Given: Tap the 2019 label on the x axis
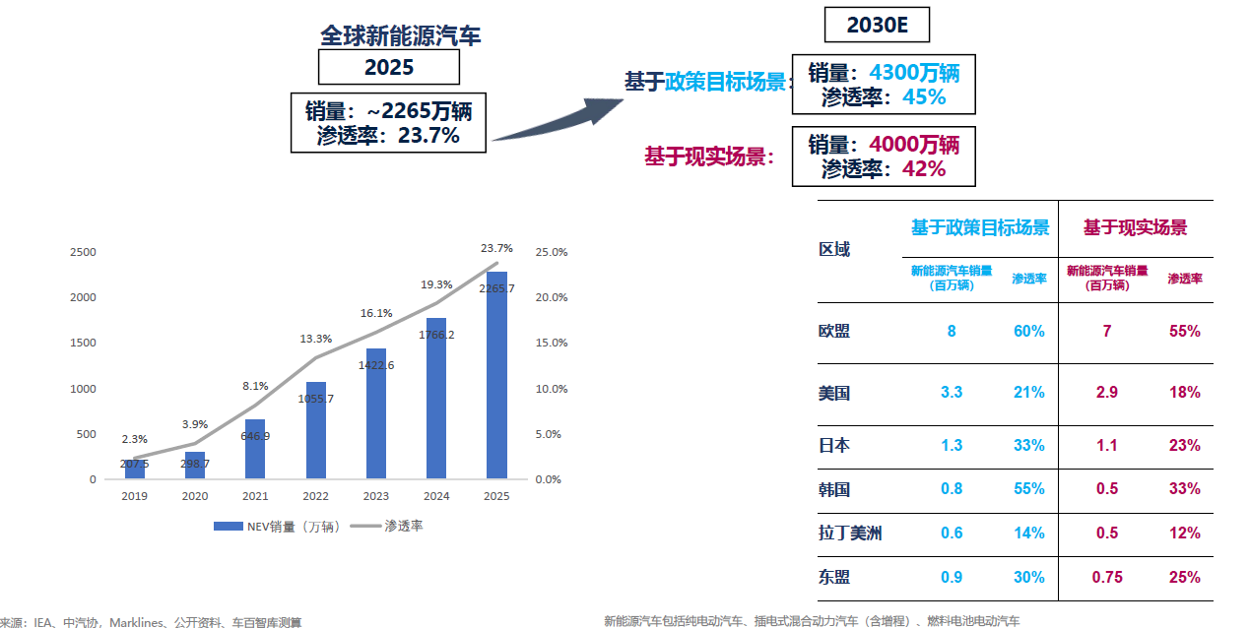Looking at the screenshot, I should (134, 496).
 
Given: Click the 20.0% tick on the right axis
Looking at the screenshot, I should (552, 297).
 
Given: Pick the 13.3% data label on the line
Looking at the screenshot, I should (317, 339).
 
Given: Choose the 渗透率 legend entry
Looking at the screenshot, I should (391, 527).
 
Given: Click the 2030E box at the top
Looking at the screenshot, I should (875, 25).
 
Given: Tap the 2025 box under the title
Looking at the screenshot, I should (389, 67).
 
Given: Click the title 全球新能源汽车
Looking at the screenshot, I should (401, 36).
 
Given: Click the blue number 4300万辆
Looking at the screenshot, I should (913, 73).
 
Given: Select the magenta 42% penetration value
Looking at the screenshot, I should (923, 168).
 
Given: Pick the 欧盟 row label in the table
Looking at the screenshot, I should (834, 331).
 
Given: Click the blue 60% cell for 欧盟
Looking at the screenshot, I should (1028, 331).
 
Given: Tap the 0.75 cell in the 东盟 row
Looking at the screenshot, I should (1107, 577).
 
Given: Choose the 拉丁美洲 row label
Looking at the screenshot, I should (850, 533).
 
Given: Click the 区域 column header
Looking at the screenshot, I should (834, 249).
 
